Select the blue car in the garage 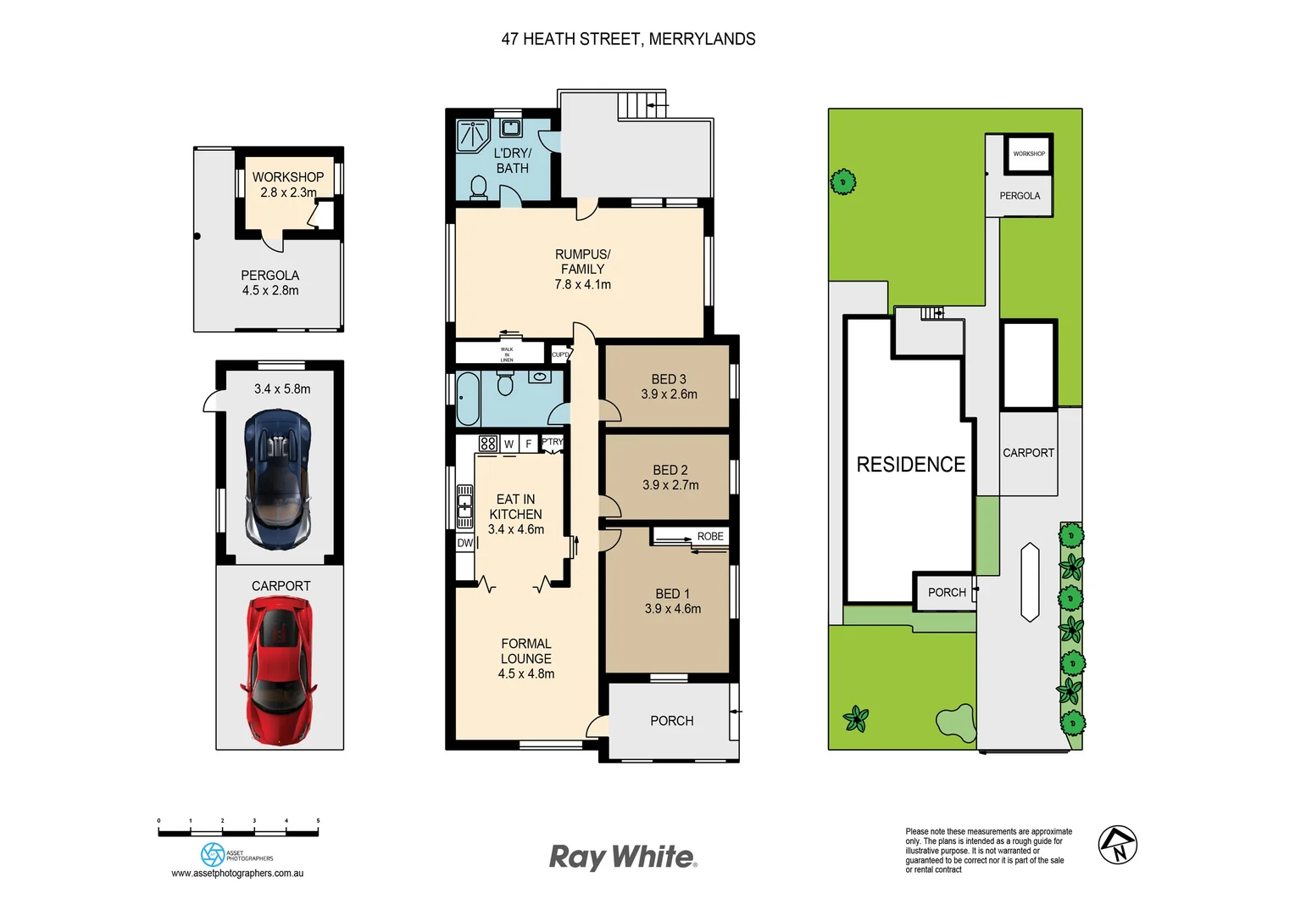click(x=277, y=479)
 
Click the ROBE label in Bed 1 click(x=710, y=537)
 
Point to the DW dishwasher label click(x=464, y=543)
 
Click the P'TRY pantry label click(x=552, y=442)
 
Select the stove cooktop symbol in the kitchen click(x=487, y=443)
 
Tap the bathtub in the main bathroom click(x=468, y=399)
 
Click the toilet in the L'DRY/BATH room click(x=478, y=188)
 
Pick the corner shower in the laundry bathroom click(x=473, y=136)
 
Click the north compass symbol click(x=1117, y=845)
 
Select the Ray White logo click(x=623, y=857)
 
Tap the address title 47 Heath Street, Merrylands click(x=628, y=39)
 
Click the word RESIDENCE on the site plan click(x=910, y=465)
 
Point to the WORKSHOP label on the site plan click(x=1029, y=154)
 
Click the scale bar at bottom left click(x=238, y=833)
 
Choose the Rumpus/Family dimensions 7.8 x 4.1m click(x=582, y=285)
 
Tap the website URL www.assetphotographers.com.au click(x=237, y=874)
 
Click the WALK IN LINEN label click(x=507, y=355)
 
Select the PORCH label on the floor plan click(x=671, y=721)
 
